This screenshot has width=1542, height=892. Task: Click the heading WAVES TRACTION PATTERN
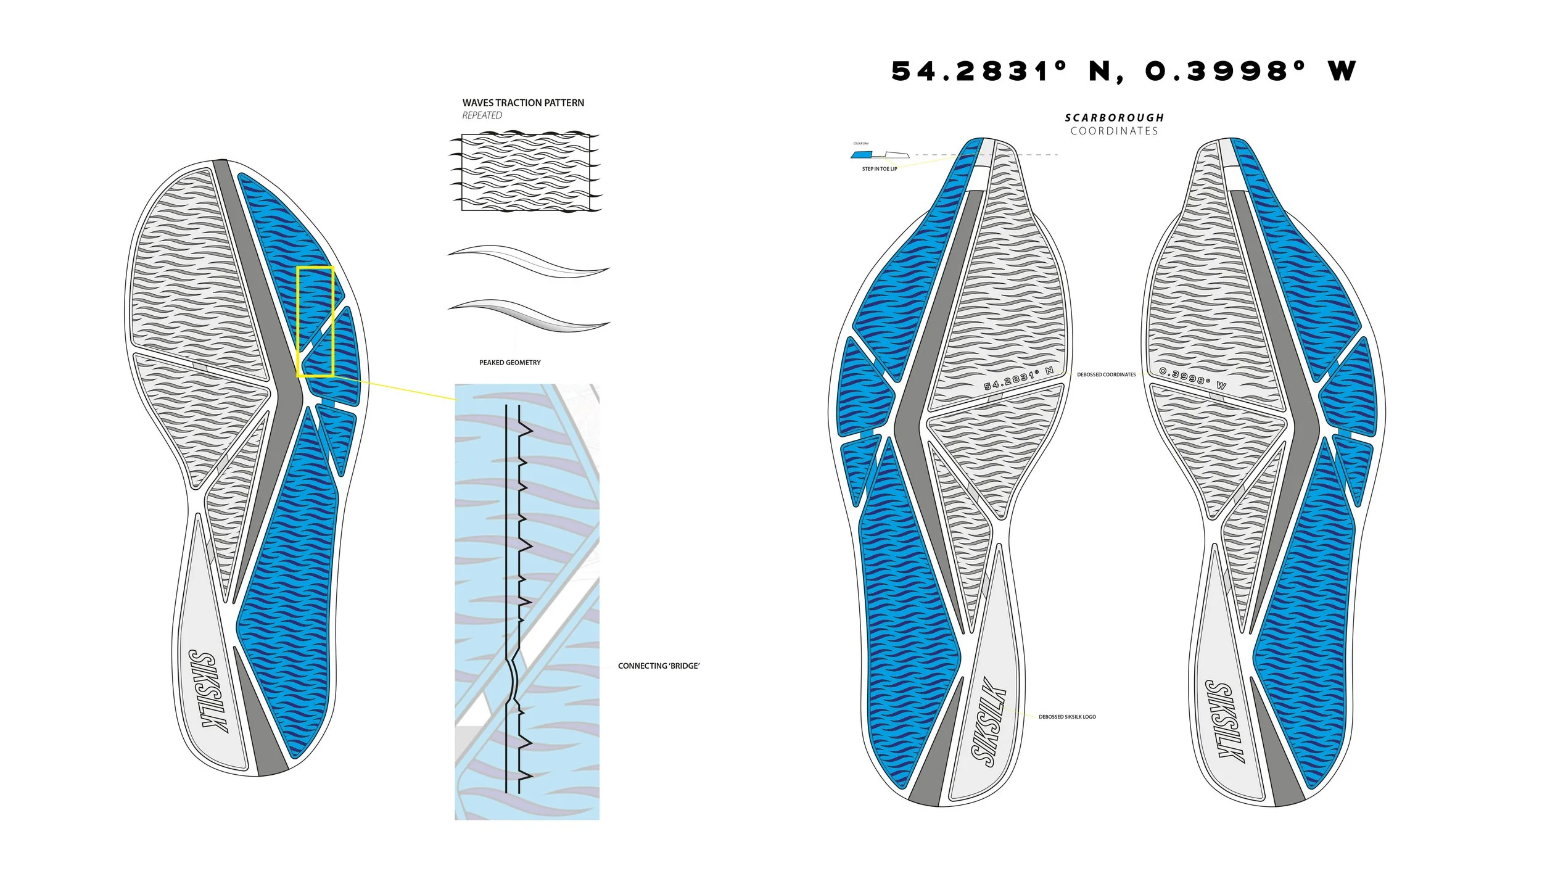523,103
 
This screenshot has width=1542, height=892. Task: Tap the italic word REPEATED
482,115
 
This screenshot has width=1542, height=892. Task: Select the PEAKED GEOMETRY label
509,363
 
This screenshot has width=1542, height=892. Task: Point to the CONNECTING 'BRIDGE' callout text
659,666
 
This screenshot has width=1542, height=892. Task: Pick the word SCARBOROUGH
1114,118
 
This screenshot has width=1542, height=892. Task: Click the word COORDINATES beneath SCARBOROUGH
1114,131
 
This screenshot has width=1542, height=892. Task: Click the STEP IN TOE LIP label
879,169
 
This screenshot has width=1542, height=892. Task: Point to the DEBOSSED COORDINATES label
1106,374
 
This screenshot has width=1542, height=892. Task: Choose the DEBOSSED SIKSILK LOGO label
1067,717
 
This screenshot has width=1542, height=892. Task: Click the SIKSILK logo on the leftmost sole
208,692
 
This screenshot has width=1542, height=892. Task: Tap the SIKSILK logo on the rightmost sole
1224,721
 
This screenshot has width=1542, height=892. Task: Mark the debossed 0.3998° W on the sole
1192,378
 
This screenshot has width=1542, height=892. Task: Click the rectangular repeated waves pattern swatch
526,173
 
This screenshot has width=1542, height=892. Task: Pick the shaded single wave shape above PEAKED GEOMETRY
529,315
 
